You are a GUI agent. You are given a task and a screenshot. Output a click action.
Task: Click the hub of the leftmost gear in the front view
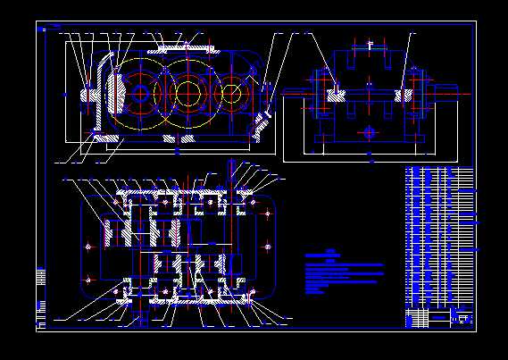(x=140, y=93)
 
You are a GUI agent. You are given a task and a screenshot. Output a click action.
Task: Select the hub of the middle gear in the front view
(x=187, y=92)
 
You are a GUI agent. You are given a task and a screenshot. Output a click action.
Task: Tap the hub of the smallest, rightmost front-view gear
(x=231, y=92)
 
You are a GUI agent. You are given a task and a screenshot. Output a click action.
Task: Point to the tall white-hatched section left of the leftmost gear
(x=113, y=89)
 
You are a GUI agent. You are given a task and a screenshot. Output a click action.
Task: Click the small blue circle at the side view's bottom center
(x=370, y=133)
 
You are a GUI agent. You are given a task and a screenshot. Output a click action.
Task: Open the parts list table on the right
(x=439, y=237)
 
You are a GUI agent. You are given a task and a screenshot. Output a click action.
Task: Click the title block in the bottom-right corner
(x=439, y=318)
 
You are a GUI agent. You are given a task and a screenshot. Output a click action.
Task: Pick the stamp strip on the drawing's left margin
(x=40, y=290)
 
